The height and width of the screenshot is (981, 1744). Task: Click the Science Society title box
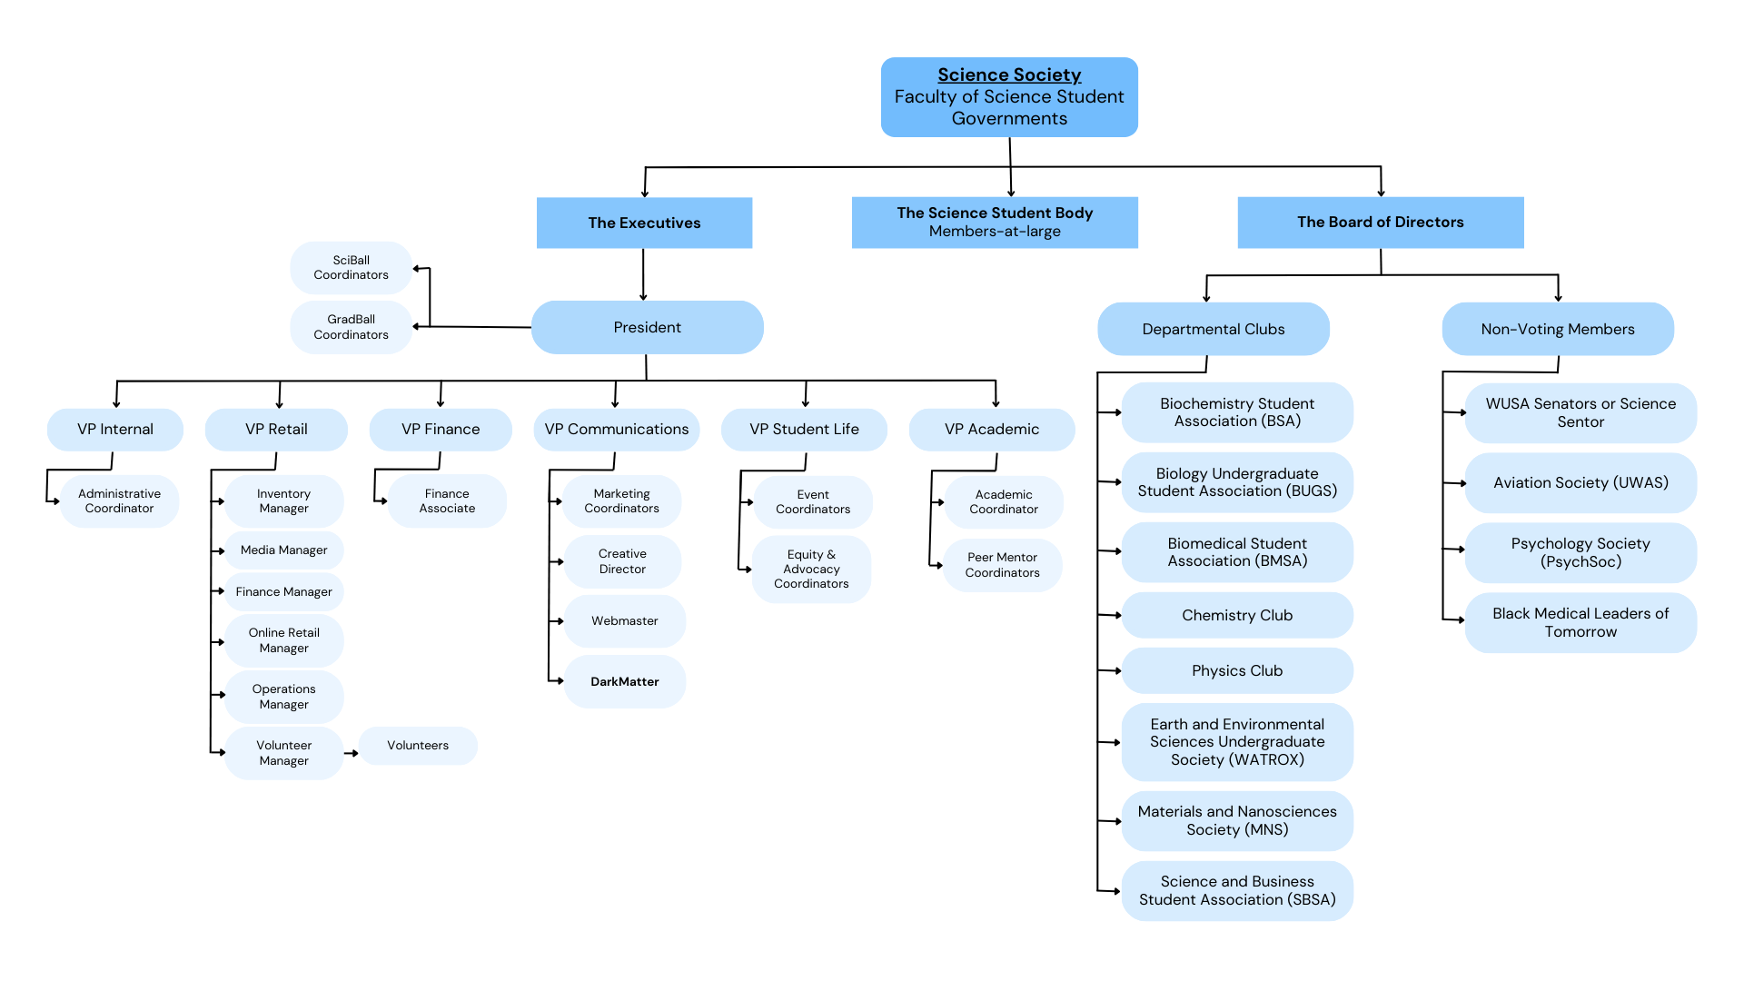pyautogui.click(x=1008, y=97)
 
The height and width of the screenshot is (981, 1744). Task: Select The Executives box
pyautogui.click(x=644, y=223)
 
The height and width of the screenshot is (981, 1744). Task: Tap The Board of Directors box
pyautogui.click(x=1380, y=223)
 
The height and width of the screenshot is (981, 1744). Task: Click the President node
pyautogui.click(x=647, y=327)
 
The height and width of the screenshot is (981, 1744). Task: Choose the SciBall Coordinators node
pyautogui.click(x=351, y=267)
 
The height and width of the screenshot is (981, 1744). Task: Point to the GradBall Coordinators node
pyautogui.click(x=351, y=327)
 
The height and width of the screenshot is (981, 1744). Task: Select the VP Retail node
pyautogui.click(x=276, y=429)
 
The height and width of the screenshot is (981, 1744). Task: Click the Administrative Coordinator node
pyautogui.click(x=119, y=500)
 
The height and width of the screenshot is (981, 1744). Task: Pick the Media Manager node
pyautogui.click(x=283, y=550)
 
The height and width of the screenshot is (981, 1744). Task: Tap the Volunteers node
pyautogui.click(x=418, y=745)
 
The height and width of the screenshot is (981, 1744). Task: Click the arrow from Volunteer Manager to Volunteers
pyautogui.click(x=351, y=753)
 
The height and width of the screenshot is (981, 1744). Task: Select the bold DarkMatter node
pyautogui.click(x=624, y=681)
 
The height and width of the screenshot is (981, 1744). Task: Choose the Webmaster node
pyautogui.click(x=624, y=620)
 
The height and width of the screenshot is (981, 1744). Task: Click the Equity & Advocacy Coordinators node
pyautogui.click(x=811, y=569)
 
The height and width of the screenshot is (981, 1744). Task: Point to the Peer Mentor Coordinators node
pyautogui.click(x=1002, y=564)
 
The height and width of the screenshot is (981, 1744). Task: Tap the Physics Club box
pyautogui.click(x=1236, y=670)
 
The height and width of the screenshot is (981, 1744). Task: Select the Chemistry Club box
pyautogui.click(x=1236, y=615)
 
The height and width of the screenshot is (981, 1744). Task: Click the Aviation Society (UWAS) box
pyautogui.click(x=1580, y=482)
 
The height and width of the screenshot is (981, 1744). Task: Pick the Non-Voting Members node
pyautogui.click(x=1557, y=329)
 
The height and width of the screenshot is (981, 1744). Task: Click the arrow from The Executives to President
pyautogui.click(x=643, y=274)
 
